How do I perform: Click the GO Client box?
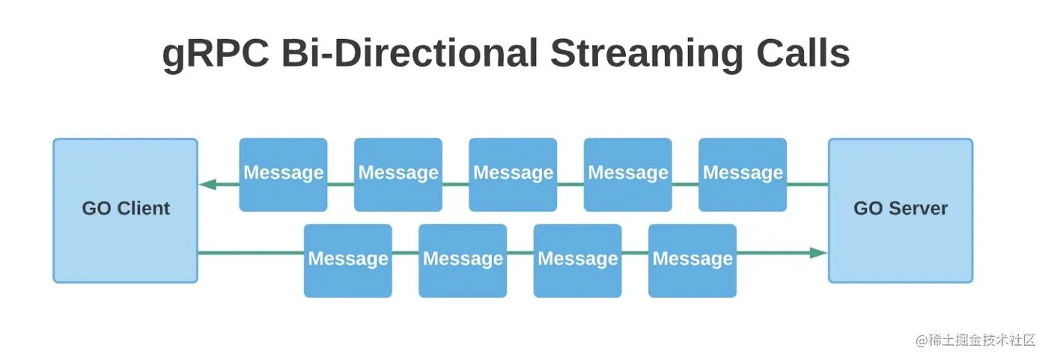(x=125, y=210)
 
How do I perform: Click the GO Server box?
(x=900, y=210)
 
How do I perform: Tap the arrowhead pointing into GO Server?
(x=818, y=253)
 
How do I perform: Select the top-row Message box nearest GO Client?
(x=283, y=174)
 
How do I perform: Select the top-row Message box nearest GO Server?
(x=743, y=174)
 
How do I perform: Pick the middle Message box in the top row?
(x=513, y=174)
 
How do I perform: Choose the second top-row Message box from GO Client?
(x=398, y=174)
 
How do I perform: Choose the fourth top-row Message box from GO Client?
(x=628, y=174)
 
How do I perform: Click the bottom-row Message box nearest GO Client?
(x=348, y=260)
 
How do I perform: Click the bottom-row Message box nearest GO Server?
(x=692, y=260)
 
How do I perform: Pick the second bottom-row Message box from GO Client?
(x=463, y=260)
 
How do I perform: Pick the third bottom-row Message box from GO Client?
(x=578, y=260)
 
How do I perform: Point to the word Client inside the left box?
(x=144, y=209)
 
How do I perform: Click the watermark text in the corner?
(x=975, y=340)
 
